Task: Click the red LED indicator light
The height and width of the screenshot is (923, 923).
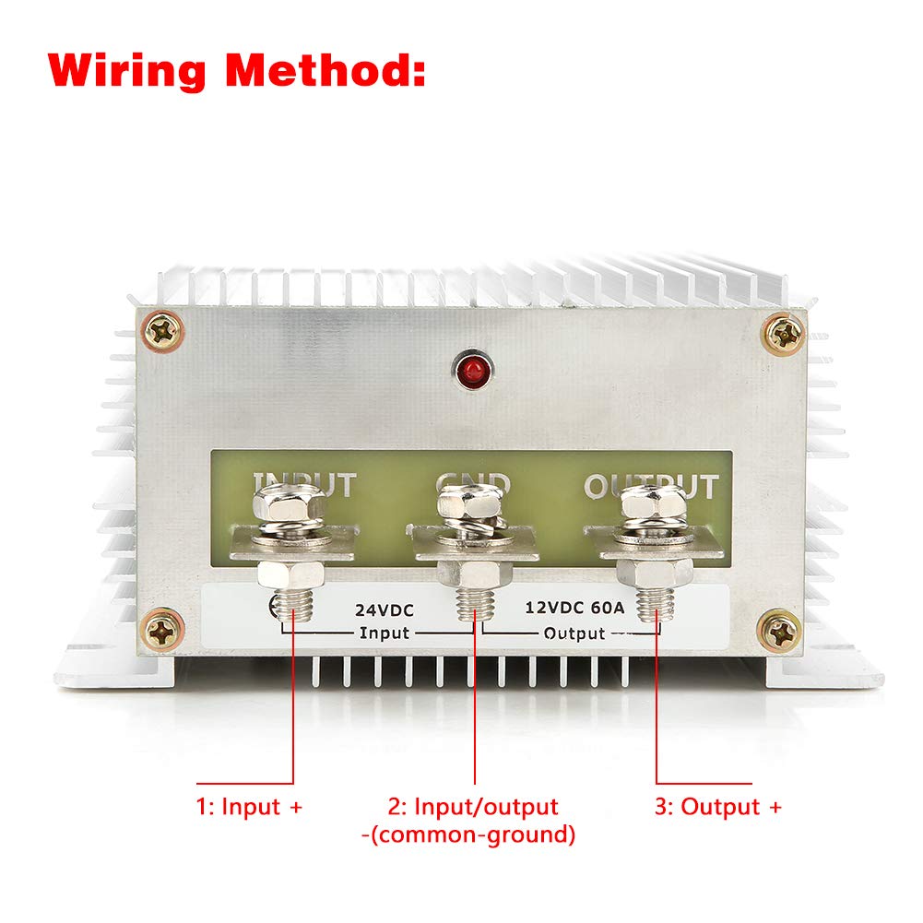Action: pyautogui.click(x=470, y=372)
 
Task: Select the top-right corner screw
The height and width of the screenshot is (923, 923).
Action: pyautogui.click(x=786, y=333)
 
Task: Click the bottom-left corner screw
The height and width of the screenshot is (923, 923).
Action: pyautogui.click(x=163, y=632)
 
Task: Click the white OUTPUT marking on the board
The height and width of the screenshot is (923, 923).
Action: pyautogui.click(x=651, y=486)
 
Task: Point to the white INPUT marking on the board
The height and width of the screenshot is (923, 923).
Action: pyautogui.click(x=304, y=484)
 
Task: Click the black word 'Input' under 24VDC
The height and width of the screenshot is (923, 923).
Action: pyautogui.click(x=384, y=633)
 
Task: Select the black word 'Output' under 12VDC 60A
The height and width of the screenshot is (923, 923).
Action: pyautogui.click(x=574, y=633)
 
